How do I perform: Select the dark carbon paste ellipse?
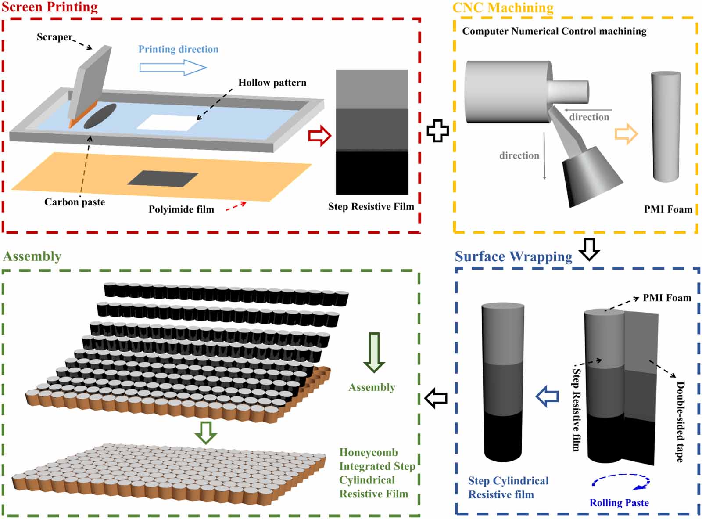pyautogui.click(x=100, y=116)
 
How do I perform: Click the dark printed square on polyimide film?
pyautogui.click(x=163, y=178)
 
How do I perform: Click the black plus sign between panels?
pyautogui.click(x=437, y=130)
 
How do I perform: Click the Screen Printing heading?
pyautogui.click(x=50, y=7)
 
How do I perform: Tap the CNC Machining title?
pyautogui.click(x=503, y=7)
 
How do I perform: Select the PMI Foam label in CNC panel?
pyautogui.click(x=668, y=209)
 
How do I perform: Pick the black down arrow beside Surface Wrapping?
pyautogui.click(x=589, y=249)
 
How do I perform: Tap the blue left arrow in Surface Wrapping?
pyautogui.click(x=547, y=396)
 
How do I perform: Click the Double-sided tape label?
pyautogui.click(x=680, y=422)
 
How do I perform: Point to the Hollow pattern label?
pyautogui.click(x=272, y=83)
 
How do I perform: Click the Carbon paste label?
pyautogui.click(x=75, y=202)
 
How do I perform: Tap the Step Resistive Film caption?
pyautogui.click(x=371, y=207)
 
